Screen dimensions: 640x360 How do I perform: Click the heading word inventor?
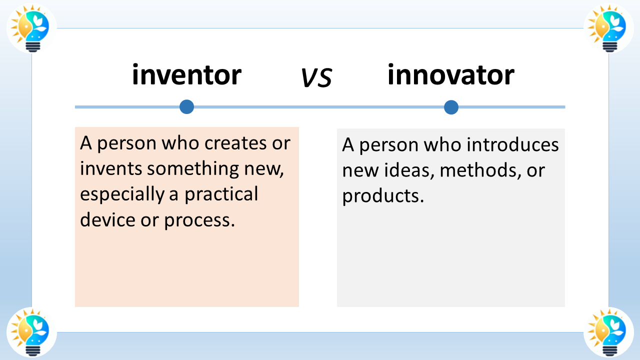pos(187,74)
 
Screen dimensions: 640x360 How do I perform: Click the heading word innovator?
pos(451,74)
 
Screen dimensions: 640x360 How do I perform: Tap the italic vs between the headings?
pos(317,77)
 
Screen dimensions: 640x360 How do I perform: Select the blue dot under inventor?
pos(187,107)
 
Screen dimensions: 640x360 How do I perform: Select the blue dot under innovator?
pos(451,107)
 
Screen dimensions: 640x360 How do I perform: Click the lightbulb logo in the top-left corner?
pos(31,28)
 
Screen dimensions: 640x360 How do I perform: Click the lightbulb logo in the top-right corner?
pos(608,28)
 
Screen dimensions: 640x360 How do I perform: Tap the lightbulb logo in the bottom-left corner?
pos(31,332)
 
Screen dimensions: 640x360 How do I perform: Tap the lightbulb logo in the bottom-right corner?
pos(608,332)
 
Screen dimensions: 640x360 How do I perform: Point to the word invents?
pos(111,168)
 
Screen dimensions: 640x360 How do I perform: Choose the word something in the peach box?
pos(193,168)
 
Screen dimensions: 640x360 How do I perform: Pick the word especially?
pos(122,194)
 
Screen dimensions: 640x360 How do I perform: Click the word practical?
pos(221,194)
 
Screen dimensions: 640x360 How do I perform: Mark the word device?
pos(107,219)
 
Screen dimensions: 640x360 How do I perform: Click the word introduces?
pos(512,144)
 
